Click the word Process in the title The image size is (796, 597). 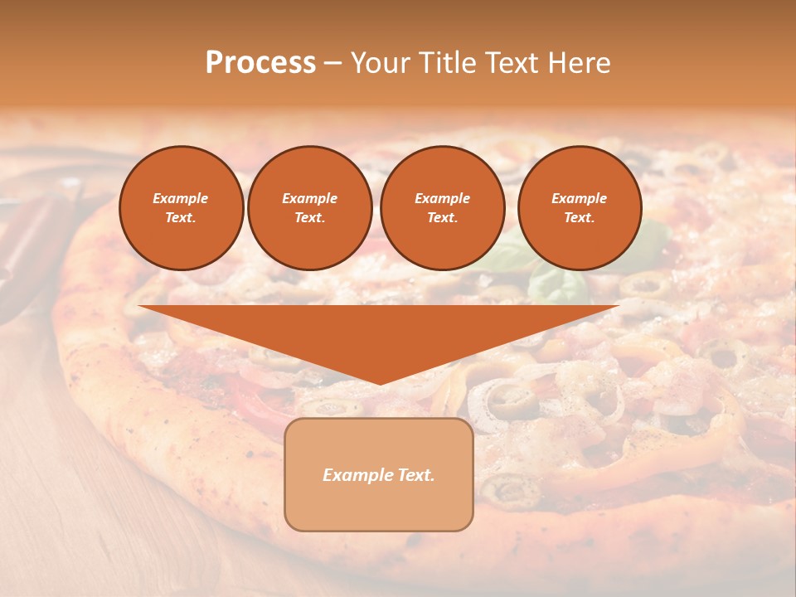click(260, 63)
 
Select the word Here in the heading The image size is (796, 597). click(580, 63)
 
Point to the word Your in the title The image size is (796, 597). click(381, 63)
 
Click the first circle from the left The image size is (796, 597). click(181, 208)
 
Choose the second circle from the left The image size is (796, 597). click(310, 208)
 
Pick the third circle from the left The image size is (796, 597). click(443, 208)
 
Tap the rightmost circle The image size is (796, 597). click(580, 208)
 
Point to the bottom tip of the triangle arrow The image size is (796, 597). click(379, 383)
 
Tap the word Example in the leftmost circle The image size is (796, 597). click(181, 198)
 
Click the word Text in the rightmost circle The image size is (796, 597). click(578, 218)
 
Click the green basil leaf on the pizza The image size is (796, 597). click(557, 285)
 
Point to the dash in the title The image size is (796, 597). click(333, 63)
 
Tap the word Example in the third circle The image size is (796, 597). click(443, 198)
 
